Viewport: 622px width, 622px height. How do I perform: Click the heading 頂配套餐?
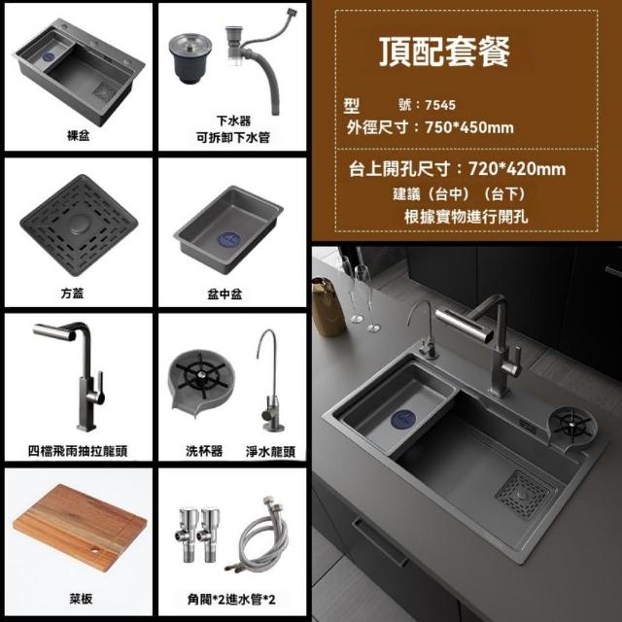click(444, 52)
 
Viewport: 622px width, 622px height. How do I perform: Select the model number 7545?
click(440, 105)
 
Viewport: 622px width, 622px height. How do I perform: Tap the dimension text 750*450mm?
click(468, 127)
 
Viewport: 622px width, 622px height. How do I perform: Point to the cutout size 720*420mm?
click(517, 169)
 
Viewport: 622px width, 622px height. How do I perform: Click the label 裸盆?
click(78, 136)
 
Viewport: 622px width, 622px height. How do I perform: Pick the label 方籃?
click(72, 294)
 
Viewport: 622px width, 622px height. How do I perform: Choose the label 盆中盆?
click(225, 294)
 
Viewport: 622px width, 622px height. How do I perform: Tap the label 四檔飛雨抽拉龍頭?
click(78, 451)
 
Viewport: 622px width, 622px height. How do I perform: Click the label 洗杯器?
click(204, 451)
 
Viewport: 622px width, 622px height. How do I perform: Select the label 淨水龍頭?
click(270, 451)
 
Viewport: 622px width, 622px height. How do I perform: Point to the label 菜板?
click(81, 599)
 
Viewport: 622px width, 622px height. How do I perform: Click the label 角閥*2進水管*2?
click(231, 599)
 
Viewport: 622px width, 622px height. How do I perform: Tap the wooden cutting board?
click(80, 527)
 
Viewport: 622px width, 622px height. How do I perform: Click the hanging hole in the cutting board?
click(95, 550)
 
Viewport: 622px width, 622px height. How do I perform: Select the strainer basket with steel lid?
click(190, 57)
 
